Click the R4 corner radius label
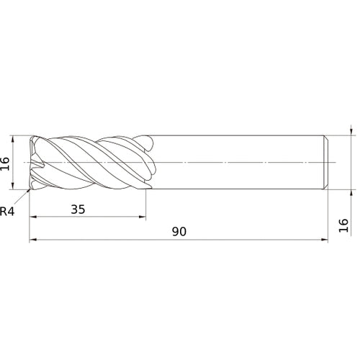[x=7, y=211]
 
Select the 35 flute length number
[x=78, y=210]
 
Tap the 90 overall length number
[x=179, y=232]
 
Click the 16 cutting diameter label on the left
[x=5, y=163]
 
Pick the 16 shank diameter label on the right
[x=343, y=225]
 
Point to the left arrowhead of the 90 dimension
[x=32, y=240]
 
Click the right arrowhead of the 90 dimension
[x=325, y=240]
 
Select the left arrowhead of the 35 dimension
[x=32, y=217]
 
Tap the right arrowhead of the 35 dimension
[x=143, y=217]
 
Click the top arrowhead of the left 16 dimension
[x=13, y=139]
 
